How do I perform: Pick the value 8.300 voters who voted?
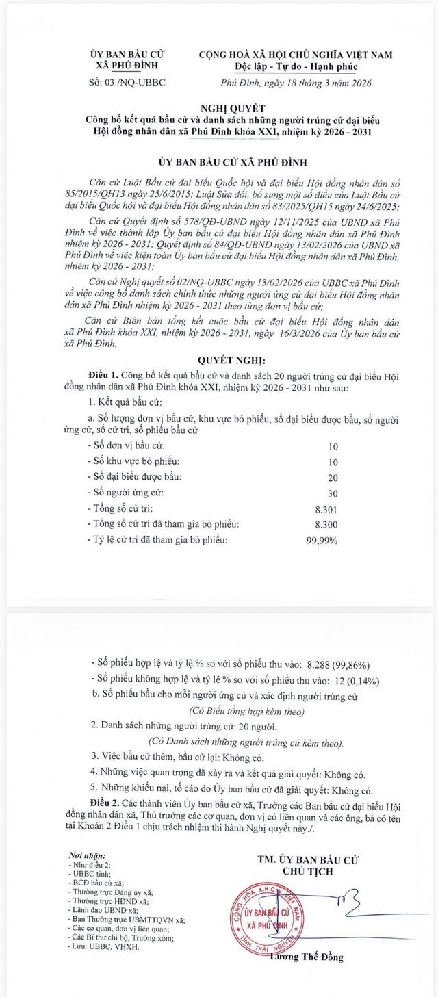tap(333, 524)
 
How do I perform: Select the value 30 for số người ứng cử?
tap(333, 493)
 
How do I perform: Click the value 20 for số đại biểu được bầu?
tap(333, 477)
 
